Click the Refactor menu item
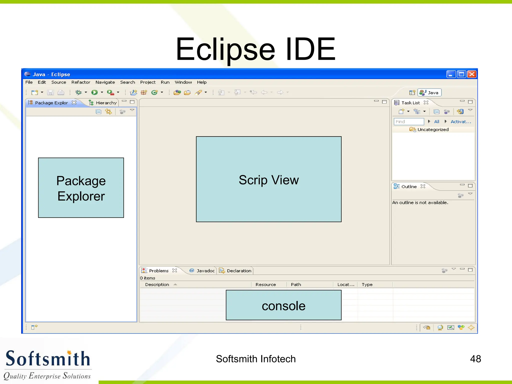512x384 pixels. (x=80, y=82)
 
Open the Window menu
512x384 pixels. (x=183, y=82)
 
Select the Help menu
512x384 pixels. (x=201, y=82)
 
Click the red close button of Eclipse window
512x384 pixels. (x=472, y=74)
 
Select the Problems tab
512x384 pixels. (x=158, y=271)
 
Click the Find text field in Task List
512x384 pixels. (x=409, y=122)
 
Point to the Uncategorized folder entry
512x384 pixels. (x=432, y=129)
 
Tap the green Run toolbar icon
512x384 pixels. (x=94, y=92)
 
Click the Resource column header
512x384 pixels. (x=265, y=284)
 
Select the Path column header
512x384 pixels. (x=296, y=284)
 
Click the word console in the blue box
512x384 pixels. (x=283, y=306)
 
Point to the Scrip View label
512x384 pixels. (x=268, y=180)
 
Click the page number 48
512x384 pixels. (x=475, y=359)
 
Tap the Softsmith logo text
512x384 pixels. (x=48, y=359)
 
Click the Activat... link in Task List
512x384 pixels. (x=460, y=122)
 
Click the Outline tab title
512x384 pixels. (x=409, y=186)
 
